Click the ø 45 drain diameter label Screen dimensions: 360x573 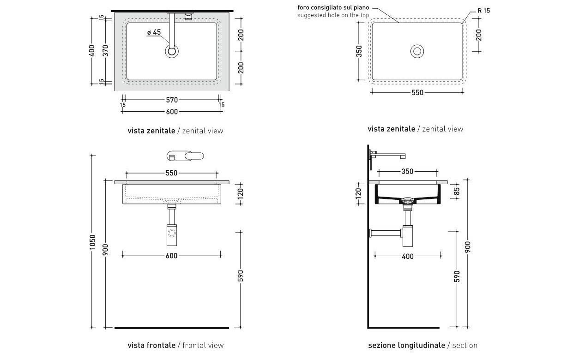coord(154,32)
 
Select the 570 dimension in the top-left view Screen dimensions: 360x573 coord(171,100)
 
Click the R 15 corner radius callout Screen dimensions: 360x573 coord(484,11)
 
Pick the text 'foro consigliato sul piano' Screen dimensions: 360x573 coord(333,8)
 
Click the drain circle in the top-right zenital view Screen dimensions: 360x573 coord(417,51)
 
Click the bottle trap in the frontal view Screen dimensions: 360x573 coord(172,234)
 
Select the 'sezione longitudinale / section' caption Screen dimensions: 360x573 coord(422,345)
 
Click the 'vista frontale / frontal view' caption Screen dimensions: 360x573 coord(175,345)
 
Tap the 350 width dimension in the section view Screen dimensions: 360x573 coord(407,172)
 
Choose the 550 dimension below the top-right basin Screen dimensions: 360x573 coord(417,92)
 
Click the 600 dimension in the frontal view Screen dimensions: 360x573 coord(171,256)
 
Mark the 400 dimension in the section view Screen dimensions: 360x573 coord(408,256)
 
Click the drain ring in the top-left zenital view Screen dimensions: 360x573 coord(172,51)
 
